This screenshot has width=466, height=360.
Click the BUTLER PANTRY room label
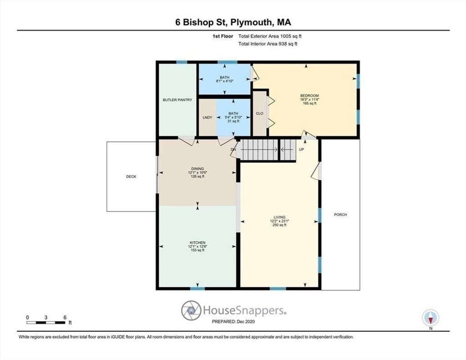177,100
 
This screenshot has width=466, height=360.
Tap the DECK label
131,177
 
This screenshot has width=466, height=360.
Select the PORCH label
340,215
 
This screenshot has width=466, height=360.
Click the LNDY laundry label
207,117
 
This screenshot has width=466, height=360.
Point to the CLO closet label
259,114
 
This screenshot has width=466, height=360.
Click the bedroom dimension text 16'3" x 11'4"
309,100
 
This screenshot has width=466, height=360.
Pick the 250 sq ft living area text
279,225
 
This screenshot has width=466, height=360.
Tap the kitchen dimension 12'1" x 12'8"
198,246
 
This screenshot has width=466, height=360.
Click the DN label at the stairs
233,150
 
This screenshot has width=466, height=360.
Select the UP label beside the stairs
301,150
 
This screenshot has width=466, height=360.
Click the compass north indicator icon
431,318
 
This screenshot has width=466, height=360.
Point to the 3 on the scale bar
46,318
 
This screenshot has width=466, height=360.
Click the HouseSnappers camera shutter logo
191,310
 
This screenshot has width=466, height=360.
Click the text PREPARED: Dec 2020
233,322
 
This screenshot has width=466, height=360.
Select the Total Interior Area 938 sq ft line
268,44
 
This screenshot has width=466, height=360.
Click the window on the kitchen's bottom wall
198,289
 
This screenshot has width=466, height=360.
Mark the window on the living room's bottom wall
278,289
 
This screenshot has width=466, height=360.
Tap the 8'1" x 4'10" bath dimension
225,81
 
